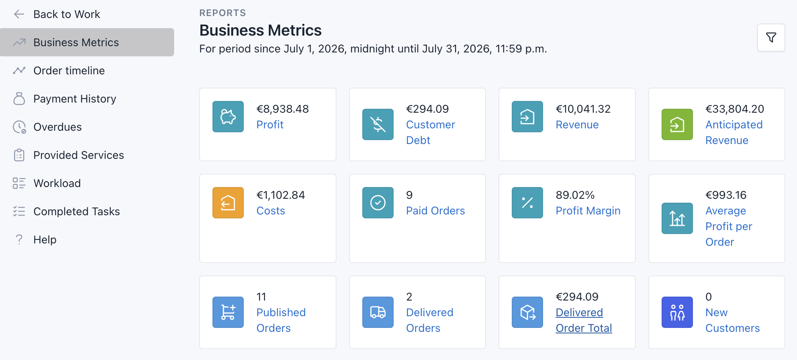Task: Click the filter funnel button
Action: [x=771, y=38]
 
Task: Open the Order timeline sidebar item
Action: [x=69, y=70]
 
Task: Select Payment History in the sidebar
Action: [x=75, y=99]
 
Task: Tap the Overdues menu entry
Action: [x=58, y=127]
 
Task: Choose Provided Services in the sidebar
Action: [x=79, y=155]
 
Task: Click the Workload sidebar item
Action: [x=57, y=183]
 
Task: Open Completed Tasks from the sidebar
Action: [x=77, y=211]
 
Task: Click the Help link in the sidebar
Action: [x=45, y=239]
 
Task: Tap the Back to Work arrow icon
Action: [x=19, y=14]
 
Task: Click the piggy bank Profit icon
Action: [x=228, y=117]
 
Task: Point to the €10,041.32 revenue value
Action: [x=583, y=109]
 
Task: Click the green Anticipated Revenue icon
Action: [x=677, y=124]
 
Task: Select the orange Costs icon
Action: [x=228, y=203]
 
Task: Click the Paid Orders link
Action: [x=435, y=211]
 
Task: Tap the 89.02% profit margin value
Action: [x=575, y=195]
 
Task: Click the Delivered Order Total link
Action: [x=584, y=320]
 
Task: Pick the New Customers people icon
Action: [x=677, y=312]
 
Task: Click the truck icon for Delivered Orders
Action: [x=378, y=312]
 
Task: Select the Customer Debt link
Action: [x=430, y=132]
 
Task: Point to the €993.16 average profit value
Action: [x=726, y=195]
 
